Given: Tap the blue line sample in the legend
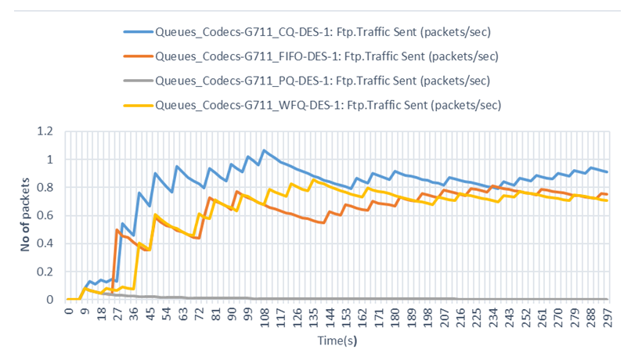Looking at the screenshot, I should point(138,32).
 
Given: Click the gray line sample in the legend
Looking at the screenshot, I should point(138,80).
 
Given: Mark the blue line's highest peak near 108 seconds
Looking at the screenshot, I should point(264,150).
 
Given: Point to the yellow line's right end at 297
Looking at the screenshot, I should point(607,200).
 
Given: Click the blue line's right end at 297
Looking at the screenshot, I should point(607,172).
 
